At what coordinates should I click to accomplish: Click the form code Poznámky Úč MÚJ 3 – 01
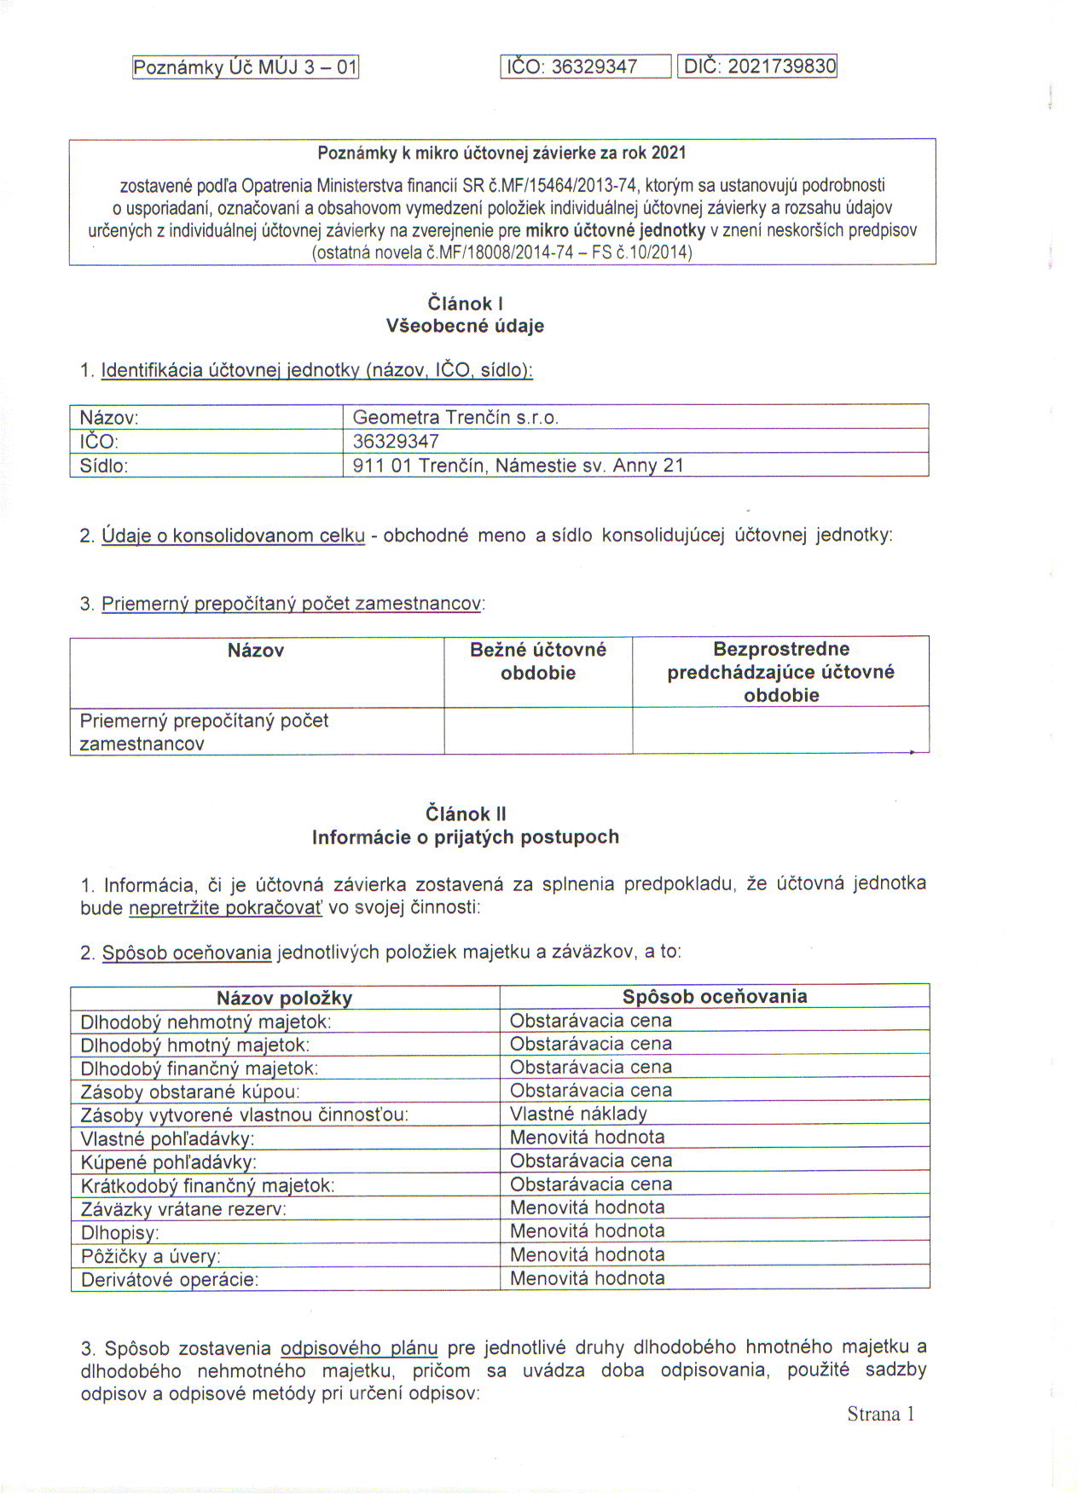[246, 67]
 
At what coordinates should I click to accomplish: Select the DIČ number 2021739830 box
[757, 67]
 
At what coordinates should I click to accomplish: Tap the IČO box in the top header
[585, 67]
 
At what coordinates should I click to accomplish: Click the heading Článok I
[465, 304]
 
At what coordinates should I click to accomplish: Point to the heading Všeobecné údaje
[465, 326]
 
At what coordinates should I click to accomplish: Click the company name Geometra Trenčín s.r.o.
[455, 418]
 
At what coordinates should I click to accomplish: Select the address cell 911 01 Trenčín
[518, 466]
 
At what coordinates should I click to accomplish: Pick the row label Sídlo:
[104, 466]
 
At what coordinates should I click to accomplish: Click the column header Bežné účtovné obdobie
[538, 662]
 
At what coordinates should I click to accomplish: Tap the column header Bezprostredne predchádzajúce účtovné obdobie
[780, 672]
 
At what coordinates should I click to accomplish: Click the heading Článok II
[466, 814]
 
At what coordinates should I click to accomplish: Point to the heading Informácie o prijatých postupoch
[466, 837]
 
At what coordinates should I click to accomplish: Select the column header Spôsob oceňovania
[715, 997]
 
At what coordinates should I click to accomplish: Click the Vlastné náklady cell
[578, 1114]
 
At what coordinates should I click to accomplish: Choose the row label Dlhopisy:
[119, 1233]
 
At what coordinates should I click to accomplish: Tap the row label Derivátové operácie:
[170, 1280]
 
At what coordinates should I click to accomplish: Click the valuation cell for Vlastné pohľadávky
[587, 1138]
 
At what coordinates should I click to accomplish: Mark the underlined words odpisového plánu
[359, 1348]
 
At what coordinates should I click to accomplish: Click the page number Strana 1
[880, 1415]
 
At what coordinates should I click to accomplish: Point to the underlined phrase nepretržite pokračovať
[226, 908]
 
